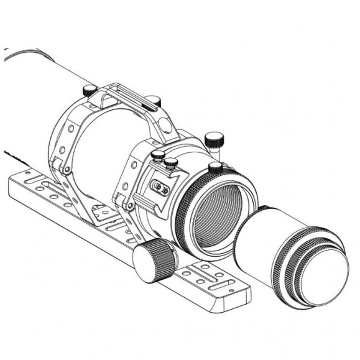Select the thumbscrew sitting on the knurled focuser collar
click(216, 167)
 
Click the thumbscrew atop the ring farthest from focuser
click(91, 90)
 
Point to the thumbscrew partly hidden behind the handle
click(155, 101)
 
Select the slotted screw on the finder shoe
click(160, 187)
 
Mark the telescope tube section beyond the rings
click(37, 99)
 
